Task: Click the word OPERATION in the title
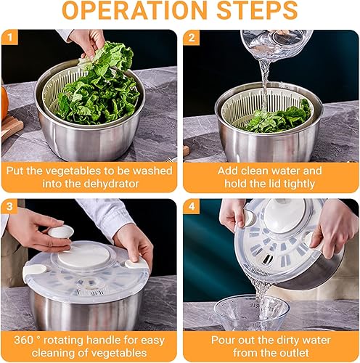[134, 10]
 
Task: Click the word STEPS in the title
[257, 10]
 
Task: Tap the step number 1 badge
[9, 37]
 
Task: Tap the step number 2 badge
[192, 38]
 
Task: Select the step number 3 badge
[9, 206]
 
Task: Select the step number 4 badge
[192, 207]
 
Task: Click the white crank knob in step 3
[61, 232]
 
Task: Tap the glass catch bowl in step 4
[252, 313]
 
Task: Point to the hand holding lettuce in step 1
[89, 42]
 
